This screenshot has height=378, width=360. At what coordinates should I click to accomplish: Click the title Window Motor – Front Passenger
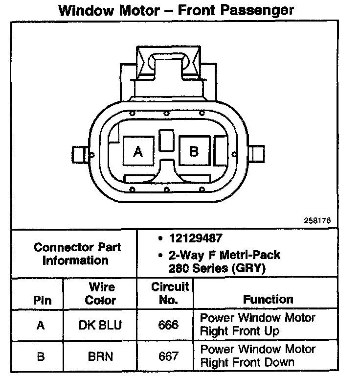176,10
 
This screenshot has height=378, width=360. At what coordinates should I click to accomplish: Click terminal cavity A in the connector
138,152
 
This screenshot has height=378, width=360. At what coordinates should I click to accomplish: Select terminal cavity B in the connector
194,151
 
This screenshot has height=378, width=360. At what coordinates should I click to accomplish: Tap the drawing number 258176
317,221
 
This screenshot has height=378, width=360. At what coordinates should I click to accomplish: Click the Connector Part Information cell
77,253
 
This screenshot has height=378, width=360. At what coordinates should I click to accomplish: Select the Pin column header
42,300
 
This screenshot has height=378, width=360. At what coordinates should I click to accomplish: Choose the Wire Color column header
101,293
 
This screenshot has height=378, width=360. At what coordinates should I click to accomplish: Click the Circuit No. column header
169,293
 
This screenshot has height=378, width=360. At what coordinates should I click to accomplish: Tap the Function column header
268,299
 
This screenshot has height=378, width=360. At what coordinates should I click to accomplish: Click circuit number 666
169,325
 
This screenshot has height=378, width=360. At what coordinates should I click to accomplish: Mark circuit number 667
169,356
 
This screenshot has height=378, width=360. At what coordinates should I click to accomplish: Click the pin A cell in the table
41,325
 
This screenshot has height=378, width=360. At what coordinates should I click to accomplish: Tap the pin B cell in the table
41,356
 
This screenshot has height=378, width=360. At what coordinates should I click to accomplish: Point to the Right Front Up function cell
258,325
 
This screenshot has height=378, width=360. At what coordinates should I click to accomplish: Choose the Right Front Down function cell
258,356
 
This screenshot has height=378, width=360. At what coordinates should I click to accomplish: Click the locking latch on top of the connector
167,64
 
